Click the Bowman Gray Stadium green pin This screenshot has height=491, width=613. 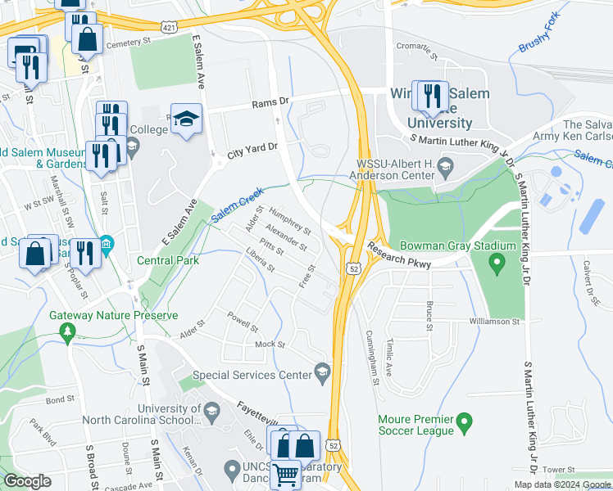[x=496, y=264]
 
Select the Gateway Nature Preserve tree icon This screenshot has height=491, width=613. [x=69, y=332]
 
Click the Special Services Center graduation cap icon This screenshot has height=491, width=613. [x=323, y=374]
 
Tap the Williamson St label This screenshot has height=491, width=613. [x=495, y=322]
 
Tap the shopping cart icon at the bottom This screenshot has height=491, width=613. [x=285, y=474]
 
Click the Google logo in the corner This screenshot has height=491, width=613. [x=27, y=481]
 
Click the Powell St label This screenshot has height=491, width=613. [x=243, y=321]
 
